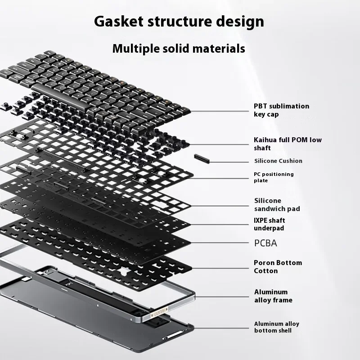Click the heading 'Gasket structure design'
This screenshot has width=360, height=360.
(x=179, y=21)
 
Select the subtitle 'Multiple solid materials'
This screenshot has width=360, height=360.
(x=179, y=48)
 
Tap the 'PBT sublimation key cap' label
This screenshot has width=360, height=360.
(x=281, y=110)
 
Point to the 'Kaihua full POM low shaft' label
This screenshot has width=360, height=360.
(x=288, y=144)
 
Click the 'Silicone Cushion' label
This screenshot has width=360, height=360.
(x=278, y=161)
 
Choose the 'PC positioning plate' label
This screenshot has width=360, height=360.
(x=274, y=177)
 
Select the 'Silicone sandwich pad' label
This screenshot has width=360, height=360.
(x=277, y=205)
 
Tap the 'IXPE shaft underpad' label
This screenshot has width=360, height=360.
(x=270, y=224)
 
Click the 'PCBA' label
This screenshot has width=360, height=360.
(x=265, y=243)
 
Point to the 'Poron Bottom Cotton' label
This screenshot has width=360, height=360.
(x=278, y=267)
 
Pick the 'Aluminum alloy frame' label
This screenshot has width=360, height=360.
(x=273, y=296)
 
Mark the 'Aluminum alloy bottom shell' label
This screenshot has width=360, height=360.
(x=276, y=327)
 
